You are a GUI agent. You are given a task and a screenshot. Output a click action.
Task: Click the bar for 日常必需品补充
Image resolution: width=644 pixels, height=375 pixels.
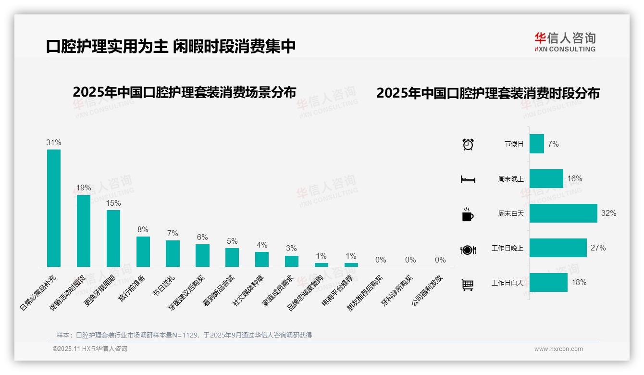click(x=54, y=208)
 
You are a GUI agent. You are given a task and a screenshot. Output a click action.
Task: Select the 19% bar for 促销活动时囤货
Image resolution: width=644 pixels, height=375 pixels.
click(x=84, y=230)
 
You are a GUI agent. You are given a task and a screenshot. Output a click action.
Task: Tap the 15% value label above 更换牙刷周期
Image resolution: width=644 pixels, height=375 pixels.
click(x=113, y=203)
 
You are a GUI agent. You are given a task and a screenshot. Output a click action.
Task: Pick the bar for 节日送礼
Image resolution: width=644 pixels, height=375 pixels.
click(x=173, y=253)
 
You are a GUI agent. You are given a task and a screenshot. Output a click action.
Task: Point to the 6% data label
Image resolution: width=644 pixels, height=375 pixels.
click(x=202, y=237)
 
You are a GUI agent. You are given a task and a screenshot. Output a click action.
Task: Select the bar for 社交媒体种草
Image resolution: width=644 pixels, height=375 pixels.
click(x=262, y=259)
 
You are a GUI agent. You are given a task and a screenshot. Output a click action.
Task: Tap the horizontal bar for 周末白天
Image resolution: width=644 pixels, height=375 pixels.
click(x=563, y=213)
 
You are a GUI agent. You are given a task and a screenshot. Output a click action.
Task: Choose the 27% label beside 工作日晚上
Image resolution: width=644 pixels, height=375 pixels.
click(x=598, y=248)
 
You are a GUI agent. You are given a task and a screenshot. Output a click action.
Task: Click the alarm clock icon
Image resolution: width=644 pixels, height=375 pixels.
click(x=468, y=144)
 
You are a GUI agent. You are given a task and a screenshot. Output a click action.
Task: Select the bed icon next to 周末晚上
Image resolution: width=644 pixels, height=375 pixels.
click(x=468, y=179)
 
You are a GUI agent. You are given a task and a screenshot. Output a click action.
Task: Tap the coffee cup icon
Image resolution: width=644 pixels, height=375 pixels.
click(x=468, y=214)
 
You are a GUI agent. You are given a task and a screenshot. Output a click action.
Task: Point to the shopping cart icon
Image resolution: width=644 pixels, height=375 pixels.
click(x=468, y=285)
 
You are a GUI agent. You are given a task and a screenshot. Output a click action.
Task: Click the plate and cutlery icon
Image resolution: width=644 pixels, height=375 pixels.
click(x=468, y=250)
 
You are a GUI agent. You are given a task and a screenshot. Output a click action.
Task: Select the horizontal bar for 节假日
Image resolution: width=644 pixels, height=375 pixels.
click(x=536, y=144)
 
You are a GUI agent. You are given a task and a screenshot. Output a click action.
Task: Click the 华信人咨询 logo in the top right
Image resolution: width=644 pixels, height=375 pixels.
click(x=565, y=42)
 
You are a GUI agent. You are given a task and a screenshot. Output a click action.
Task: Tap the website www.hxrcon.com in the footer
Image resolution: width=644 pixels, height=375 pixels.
click(x=558, y=349)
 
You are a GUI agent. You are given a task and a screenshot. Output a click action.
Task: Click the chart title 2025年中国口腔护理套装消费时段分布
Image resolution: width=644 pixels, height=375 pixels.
click(x=488, y=93)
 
